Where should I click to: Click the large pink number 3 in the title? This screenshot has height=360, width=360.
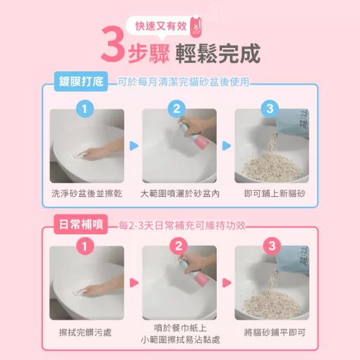point(112,47)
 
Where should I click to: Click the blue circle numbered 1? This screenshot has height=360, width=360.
point(85,109)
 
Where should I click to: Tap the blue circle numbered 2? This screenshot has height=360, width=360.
point(178,109)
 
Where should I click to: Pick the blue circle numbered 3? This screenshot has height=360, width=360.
point(270,109)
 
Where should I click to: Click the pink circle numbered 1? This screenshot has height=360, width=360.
point(85,246)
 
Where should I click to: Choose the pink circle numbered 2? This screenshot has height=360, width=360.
point(178,246)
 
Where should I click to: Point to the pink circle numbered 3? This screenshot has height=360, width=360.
point(270,246)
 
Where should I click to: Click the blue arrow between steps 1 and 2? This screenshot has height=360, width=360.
point(133,146)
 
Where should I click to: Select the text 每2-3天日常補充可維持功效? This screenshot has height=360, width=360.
point(181,224)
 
